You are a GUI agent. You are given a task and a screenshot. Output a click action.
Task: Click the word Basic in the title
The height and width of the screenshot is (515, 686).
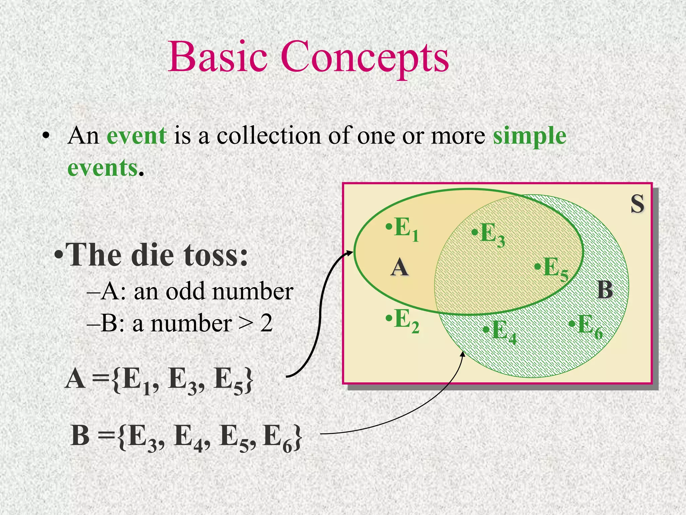[x=218, y=57]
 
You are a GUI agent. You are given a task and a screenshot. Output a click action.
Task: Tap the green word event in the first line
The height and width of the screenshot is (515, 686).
[x=137, y=136]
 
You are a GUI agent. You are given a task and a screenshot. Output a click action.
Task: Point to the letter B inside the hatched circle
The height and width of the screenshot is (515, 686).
[x=605, y=290]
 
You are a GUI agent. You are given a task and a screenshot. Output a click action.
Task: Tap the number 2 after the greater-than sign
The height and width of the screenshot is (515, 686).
[x=267, y=324]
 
